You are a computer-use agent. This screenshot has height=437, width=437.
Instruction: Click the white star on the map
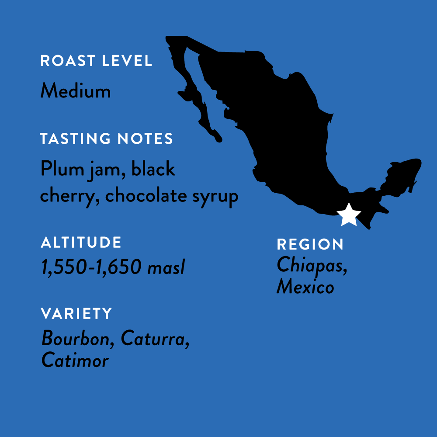tap(349, 215)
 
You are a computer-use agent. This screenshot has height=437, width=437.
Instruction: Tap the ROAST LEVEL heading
tap(96, 61)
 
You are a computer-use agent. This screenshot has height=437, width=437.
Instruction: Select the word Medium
tap(75, 91)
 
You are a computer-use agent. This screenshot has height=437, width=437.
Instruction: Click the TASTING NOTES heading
tap(107, 139)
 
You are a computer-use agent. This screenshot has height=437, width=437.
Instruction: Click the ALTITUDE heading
tap(81, 243)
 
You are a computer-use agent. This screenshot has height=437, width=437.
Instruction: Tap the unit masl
tap(166, 267)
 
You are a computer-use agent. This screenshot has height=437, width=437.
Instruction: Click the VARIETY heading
tap(76, 313)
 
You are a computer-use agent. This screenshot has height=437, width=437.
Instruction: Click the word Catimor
tap(75, 361)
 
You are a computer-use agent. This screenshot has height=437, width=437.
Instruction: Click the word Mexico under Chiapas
tap(305, 287)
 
